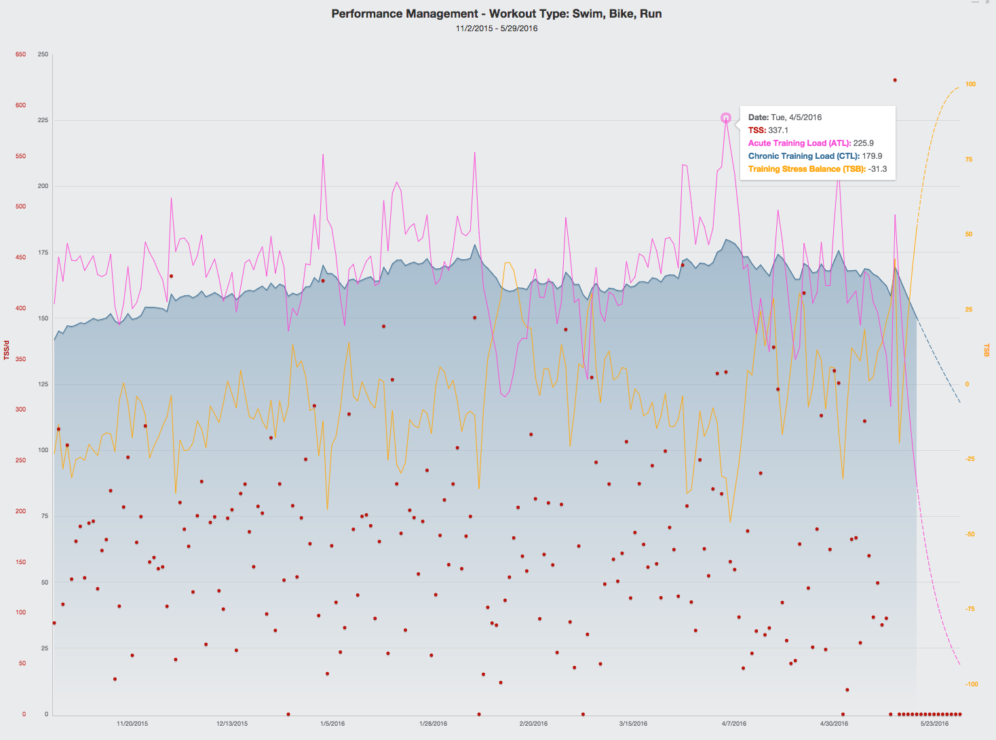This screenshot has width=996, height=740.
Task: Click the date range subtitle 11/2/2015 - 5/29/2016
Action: click(497, 29)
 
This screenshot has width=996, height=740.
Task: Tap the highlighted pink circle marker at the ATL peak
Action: click(725, 118)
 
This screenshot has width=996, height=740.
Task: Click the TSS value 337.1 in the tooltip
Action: click(778, 130)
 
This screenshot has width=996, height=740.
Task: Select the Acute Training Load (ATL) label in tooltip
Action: click(799, 143)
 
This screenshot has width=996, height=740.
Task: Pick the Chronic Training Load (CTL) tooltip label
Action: click(803, 156)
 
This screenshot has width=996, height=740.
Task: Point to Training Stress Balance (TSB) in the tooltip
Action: click(807, 169)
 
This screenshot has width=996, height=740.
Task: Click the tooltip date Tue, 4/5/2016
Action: click(796, 117)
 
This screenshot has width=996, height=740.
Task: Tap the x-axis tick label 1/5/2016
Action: click(332, 724)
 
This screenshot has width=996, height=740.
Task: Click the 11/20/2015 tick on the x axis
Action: click(132, 724)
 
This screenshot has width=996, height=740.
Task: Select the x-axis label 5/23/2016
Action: click(934, 724)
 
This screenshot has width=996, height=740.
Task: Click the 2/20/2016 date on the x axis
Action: click(533, 724)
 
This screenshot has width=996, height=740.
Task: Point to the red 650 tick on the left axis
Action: click(20, 54)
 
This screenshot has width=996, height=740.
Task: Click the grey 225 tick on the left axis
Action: click(43, 120)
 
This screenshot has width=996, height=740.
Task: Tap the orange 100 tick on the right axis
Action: click(970, 84)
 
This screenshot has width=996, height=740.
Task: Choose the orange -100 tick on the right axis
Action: click(972, 684)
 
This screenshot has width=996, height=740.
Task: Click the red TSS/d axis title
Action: click(7, 350)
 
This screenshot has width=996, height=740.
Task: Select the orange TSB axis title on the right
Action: click(987, 350)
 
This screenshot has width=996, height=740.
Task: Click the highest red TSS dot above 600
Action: click(895, 80)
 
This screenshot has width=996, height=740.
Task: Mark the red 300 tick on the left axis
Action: click(20, 409)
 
